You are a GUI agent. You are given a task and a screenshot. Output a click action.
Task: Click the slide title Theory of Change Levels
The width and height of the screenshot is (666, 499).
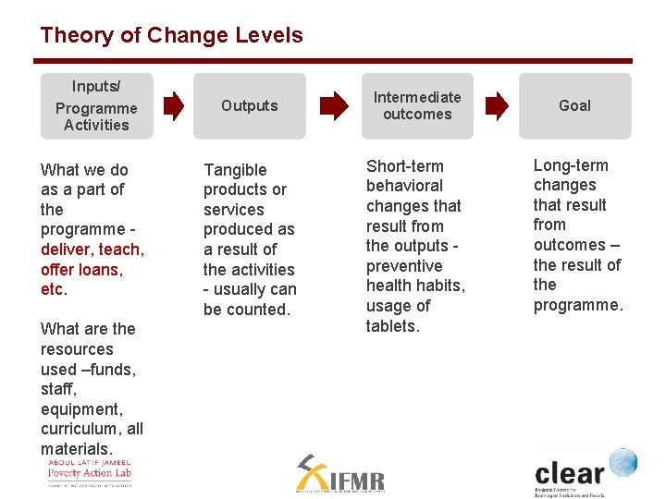coord(171,36)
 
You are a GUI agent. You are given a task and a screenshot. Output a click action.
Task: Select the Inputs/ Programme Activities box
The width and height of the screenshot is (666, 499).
coord(96,106)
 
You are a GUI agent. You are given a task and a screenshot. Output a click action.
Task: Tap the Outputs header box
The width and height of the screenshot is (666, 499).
coord(249,106)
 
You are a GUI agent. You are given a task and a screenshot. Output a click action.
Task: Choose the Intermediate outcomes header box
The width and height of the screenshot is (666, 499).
coord(417,106)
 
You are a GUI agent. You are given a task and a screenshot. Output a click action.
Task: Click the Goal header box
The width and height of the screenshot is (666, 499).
coord(574,106)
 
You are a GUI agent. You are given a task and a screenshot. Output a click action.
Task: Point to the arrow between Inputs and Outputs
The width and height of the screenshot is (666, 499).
coord(173,105)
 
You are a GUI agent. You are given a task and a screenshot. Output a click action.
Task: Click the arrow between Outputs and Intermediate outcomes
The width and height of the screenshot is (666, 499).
coord(333,105)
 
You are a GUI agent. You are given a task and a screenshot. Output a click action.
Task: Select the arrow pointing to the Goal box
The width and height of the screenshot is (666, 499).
coord(497,105)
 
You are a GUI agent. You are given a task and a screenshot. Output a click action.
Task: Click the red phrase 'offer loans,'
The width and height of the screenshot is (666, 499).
coord(81,270)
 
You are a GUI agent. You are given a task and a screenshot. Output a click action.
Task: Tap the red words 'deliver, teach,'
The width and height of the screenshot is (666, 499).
coord(92,249)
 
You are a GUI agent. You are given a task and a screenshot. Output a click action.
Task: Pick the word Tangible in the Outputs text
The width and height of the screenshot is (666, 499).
coord(235,170)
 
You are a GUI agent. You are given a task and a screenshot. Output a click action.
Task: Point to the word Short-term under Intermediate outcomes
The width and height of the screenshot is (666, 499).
coord(405,166)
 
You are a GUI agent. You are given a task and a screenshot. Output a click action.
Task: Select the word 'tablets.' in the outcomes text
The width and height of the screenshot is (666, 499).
coord(392,326)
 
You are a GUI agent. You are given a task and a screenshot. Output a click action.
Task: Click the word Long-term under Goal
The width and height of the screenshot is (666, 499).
coord(571,165)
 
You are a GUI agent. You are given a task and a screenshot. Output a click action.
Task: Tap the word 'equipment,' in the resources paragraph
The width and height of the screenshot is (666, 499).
coord(81,409)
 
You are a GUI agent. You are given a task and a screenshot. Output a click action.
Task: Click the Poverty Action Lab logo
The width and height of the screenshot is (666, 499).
coord(90,472)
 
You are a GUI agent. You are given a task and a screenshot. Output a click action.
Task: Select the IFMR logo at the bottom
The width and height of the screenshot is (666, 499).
coord(339,474)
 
